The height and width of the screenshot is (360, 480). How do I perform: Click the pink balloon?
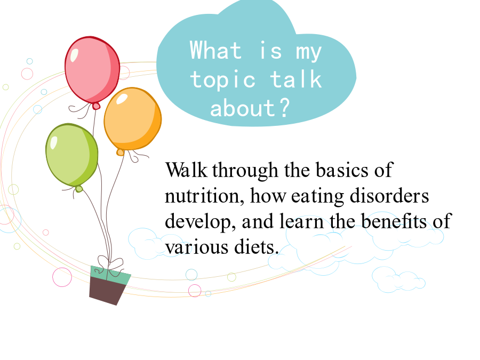tap(92, 72)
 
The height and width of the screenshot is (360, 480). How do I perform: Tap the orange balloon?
tap(133, 120)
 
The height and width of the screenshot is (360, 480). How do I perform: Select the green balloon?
tap(72, 156)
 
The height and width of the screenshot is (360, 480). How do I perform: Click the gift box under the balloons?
tap(110, 285)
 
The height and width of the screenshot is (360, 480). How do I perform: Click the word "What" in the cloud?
tap(215, 50)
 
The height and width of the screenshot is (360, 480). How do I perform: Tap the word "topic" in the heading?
tap(222, 81)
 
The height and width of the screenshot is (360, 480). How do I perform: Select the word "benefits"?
tap(394, 221)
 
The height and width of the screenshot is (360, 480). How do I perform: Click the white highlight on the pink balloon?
tap(74, 55)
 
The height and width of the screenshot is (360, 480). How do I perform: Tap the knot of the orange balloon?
tap(121, 152)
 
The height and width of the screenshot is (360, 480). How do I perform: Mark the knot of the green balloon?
tap(79, 189)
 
